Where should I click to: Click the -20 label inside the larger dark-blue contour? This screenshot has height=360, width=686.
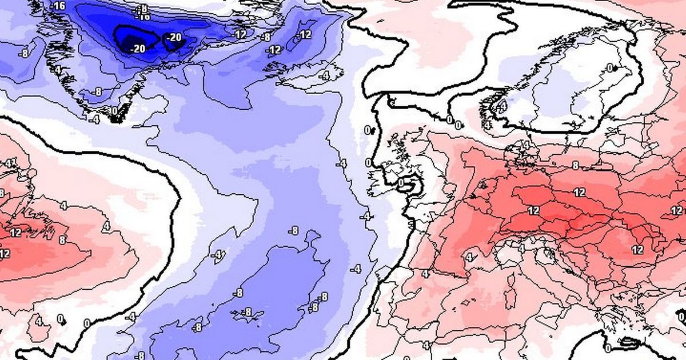click(x=138, y=49)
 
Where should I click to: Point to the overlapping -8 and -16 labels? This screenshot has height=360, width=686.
click(x=142, y=11)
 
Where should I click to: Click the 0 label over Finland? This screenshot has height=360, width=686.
click(x=610, y=68)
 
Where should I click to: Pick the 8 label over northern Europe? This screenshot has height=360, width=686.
click(x=576, y=165)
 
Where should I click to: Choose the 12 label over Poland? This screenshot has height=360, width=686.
click(x=580, y=192)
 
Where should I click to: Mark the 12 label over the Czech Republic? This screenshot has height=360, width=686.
click(x=533, y=211)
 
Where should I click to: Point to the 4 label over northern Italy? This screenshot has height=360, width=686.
click(x=521, y=249)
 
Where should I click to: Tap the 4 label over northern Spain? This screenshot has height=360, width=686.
click(x=425, y=274)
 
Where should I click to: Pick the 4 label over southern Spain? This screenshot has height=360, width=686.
click(x=425, y=345)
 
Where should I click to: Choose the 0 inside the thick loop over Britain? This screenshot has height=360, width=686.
click(x=402, y=183)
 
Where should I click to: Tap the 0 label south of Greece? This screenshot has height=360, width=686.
click(x=608, y=347)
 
